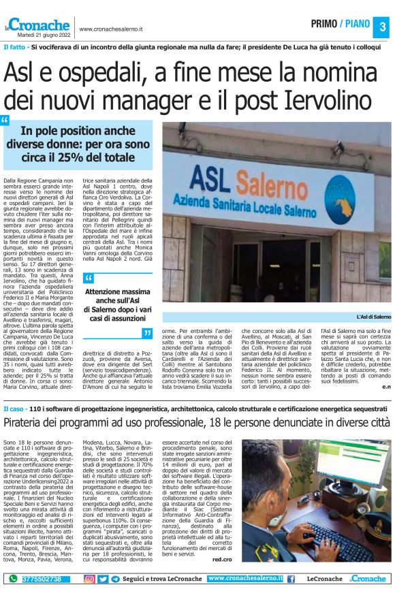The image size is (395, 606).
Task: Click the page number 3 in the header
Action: (x=382, y=27)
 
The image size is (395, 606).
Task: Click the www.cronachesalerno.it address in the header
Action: (x=111, y=29)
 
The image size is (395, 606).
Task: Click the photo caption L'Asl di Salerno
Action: (x=373, y=317)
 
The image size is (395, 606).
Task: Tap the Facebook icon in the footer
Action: (x=291, y=579)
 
